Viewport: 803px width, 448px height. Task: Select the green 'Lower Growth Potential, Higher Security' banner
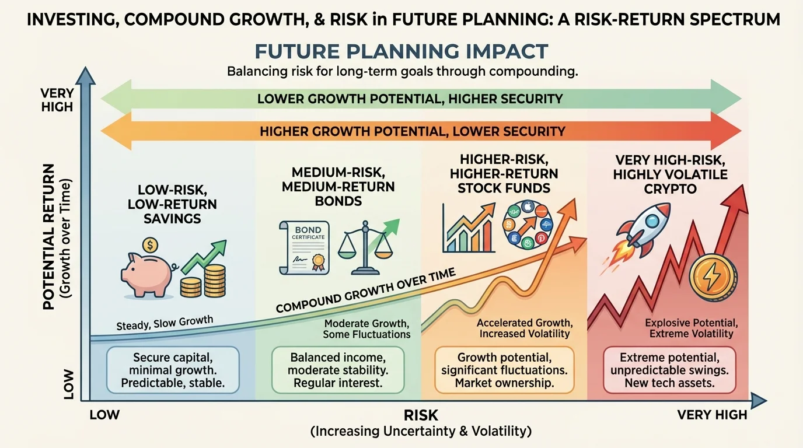coord(410,98)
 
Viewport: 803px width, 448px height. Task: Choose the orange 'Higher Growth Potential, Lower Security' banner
coord(412,131)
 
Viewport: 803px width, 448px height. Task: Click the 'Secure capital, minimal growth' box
coord(173,370)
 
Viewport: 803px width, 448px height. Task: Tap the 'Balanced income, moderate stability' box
coord(338,370)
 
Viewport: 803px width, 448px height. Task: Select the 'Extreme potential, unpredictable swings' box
coord(669,370)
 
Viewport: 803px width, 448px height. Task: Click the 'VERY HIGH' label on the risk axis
coord(711,415)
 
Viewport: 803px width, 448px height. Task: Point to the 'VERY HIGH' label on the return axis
coord(57,100)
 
